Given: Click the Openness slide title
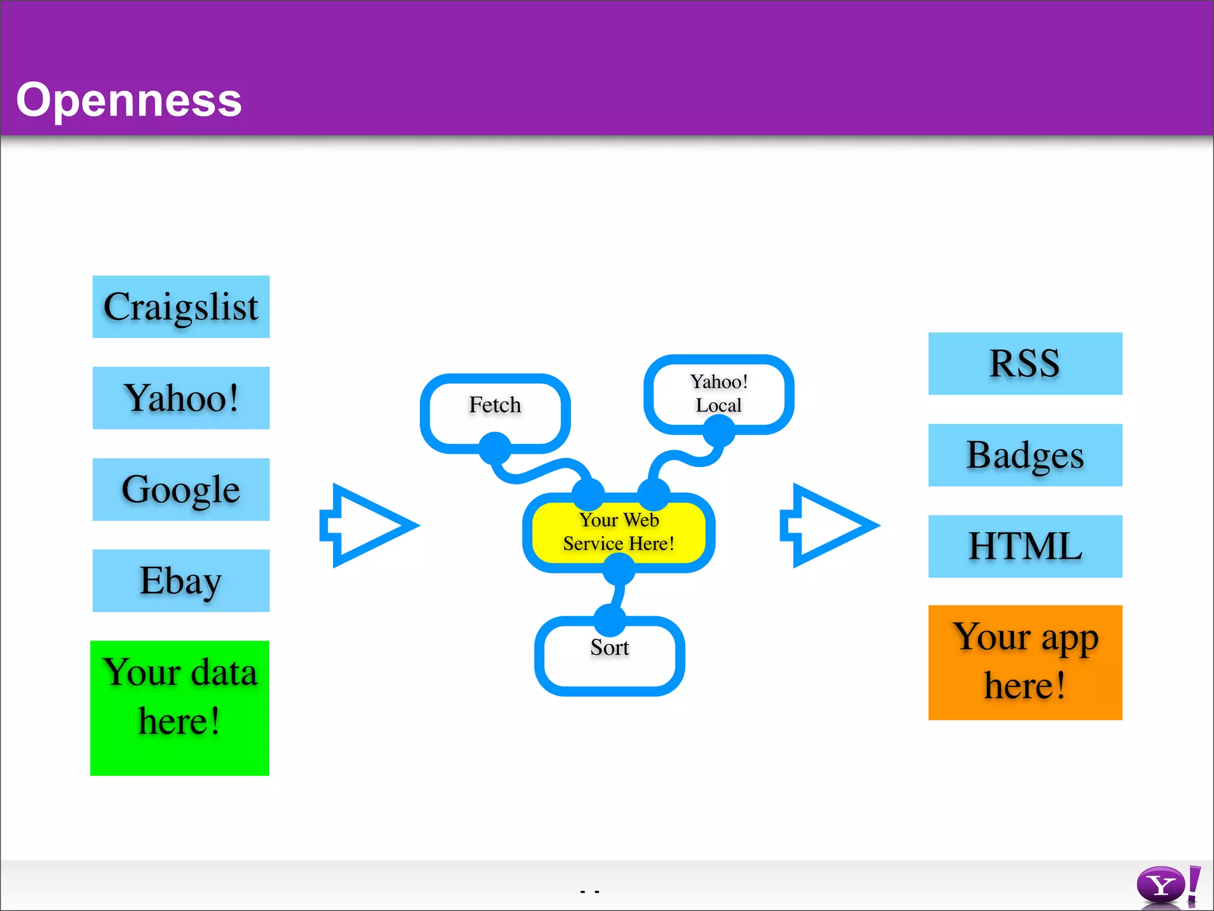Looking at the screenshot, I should (x=129, y=100).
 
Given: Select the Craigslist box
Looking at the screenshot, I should (x=181, y=307).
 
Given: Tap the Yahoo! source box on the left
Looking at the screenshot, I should (x=181, y=398).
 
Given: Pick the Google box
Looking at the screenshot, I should (x=181, y=489).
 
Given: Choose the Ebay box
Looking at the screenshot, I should (x=181, y=581).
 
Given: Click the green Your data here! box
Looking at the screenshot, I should (x=180, y=708).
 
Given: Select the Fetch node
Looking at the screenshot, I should (x=495, y=406).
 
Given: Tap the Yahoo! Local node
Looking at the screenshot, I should (x=718, y=393).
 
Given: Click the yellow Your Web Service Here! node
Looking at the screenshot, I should (x=618, y=532).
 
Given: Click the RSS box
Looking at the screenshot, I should (x=1025, y=364).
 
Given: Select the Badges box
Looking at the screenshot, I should (x=1025, y=455).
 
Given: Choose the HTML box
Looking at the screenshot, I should (x=1025, y=546).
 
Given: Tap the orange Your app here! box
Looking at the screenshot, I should (x=1025, y=662).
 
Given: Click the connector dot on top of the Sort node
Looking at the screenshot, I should (x=609, y=620).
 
